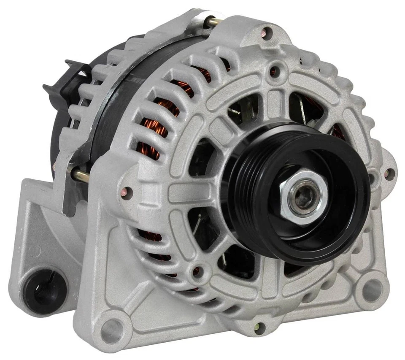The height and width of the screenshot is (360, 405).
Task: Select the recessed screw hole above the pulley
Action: (275, 70)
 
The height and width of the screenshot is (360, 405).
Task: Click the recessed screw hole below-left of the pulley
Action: (197, 271)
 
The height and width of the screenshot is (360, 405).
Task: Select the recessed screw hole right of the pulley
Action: (372, 177)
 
